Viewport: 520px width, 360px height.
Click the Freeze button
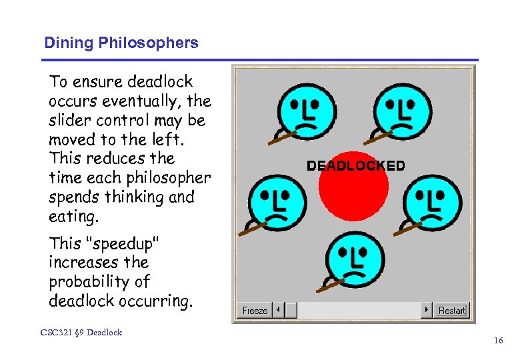pyautogui.click(x=255, y=311)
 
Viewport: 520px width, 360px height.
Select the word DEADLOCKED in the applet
pyautogui.click(x=355, y=166)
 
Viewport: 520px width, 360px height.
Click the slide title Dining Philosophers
pyautogui.click(x=121, y=43)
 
